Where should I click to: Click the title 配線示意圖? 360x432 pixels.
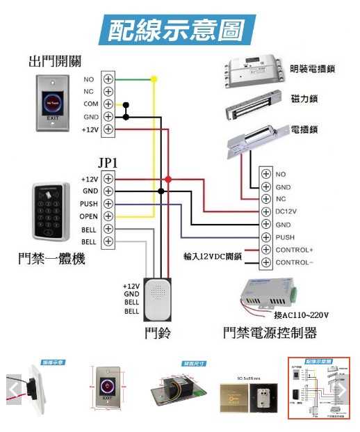(x=180, y=30)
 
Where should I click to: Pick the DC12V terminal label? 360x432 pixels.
(x=286, y=211)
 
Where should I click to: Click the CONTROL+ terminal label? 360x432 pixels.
(x=295, y=250)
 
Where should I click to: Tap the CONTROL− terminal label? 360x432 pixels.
(x=295, y=263)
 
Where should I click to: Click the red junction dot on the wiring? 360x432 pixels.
(x=168, y=179)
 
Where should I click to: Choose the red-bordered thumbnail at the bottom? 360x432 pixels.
(x=319, y=389)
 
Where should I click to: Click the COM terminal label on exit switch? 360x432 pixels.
(x=90, y=104)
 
